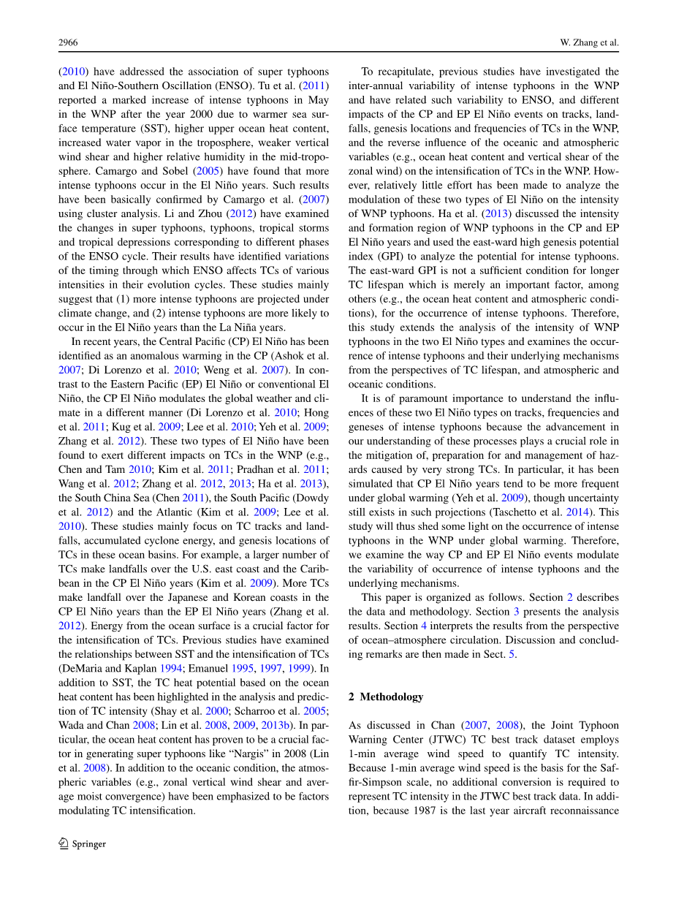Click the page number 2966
68,43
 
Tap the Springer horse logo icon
64,843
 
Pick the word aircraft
539,811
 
